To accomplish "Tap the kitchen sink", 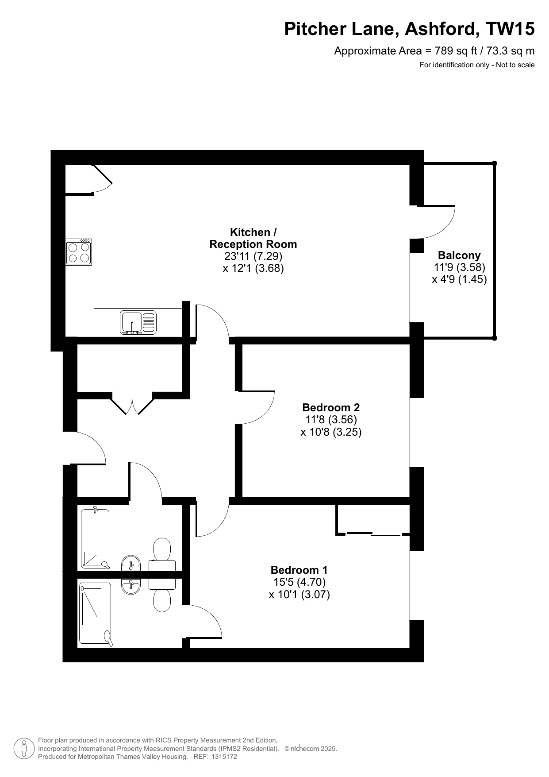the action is pyautogui.click(x=138, y=322).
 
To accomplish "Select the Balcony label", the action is pyautogui.click(x=459, y=255).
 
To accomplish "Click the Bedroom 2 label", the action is pyautogui.click(x=331, y=407).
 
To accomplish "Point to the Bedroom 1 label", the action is pyautogui.click(x=299, y=570).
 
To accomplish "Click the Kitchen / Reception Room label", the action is pyautogui.click(x=253, y=238).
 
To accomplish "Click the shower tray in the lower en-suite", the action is pyautogui.click(x=95, y=614).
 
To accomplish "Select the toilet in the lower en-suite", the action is pyautogui.click(x=162, y=595).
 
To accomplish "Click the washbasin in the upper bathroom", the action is pyautogui.click(x=131, y=563).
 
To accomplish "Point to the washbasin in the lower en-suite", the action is pyautogui.click(x=131, y=586).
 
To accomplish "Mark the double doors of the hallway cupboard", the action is pyautogui.click(x=133, y=403).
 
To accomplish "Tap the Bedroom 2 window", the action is pyautogui.click(x=417, y=433).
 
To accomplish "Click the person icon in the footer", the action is pyautogui.click(x=24, y=748).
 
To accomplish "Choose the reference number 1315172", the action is pyautogui.click(x=225, y=757).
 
